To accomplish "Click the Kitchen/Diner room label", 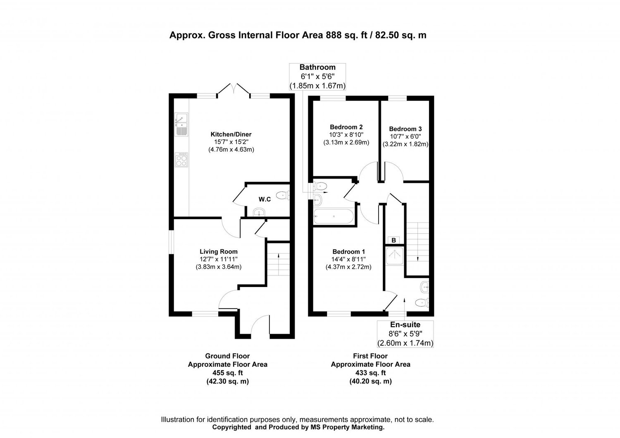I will tap(231, 134).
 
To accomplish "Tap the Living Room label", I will tap(218, 251).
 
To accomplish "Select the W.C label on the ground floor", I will tap(265, 199).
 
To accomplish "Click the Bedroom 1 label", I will tap(348, 251).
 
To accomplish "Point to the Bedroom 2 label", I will tap(346, 127).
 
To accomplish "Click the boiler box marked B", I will tap(393, 240).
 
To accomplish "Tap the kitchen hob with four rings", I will tap(181, 160).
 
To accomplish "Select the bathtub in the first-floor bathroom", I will tap(334, 216).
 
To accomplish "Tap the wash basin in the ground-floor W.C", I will tap(260, 213).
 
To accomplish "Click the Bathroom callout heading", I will tap(317, 67).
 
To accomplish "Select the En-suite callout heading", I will tap(405, 325).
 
